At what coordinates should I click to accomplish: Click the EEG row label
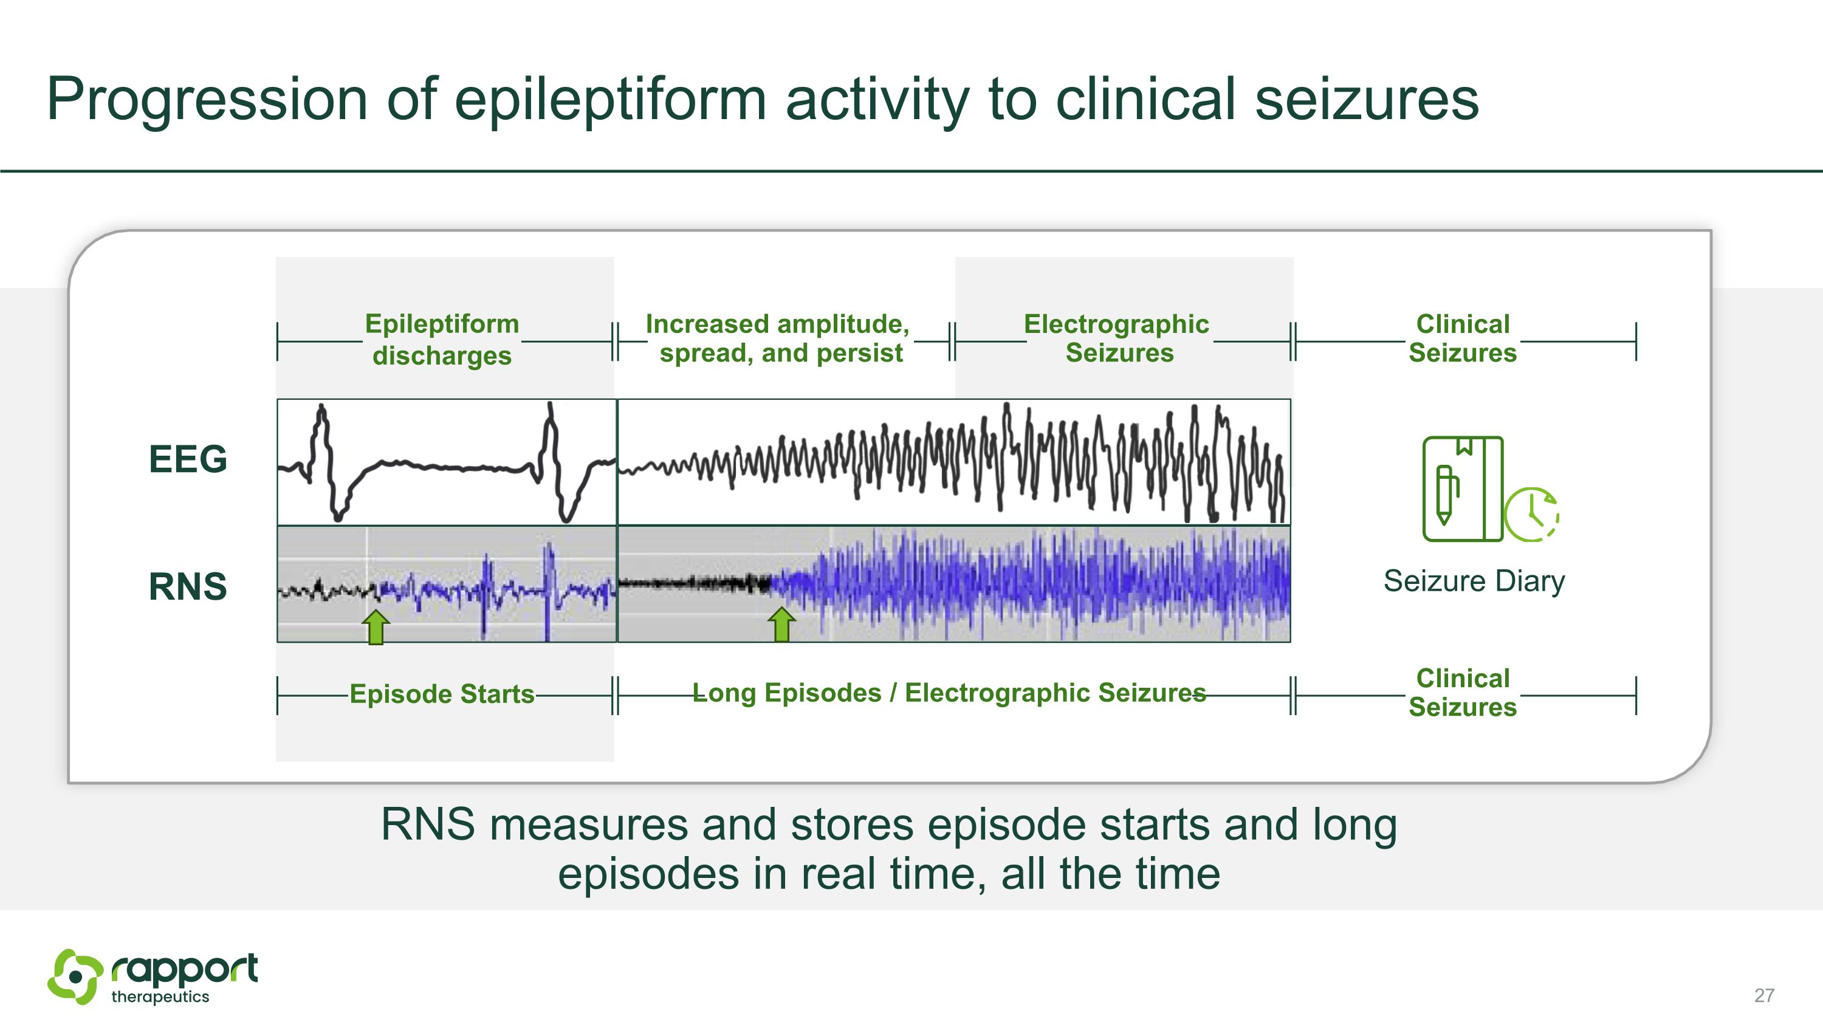pos(188,459)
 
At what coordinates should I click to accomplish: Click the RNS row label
pos(188,586)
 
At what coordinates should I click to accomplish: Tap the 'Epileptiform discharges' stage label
pos(442,340)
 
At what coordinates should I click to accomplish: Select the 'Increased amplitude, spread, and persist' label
pos(778,338)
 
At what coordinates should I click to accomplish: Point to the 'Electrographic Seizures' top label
pos(1117,338)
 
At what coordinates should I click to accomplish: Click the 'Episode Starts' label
pos(442,694)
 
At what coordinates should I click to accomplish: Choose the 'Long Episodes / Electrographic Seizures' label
pos(949,693)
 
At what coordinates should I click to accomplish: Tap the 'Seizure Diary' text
pos(1474,581)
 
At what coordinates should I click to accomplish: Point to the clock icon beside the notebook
pos(1531,514)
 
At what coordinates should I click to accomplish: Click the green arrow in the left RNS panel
pos(376,627)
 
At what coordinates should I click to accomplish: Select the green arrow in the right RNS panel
pos(781,625)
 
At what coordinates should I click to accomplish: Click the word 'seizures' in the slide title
pos(1366,99)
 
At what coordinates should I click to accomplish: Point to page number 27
pos(1763,995)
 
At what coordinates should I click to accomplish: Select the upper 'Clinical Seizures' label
pos(1462,338)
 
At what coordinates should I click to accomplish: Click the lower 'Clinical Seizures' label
pos(1462,693)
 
